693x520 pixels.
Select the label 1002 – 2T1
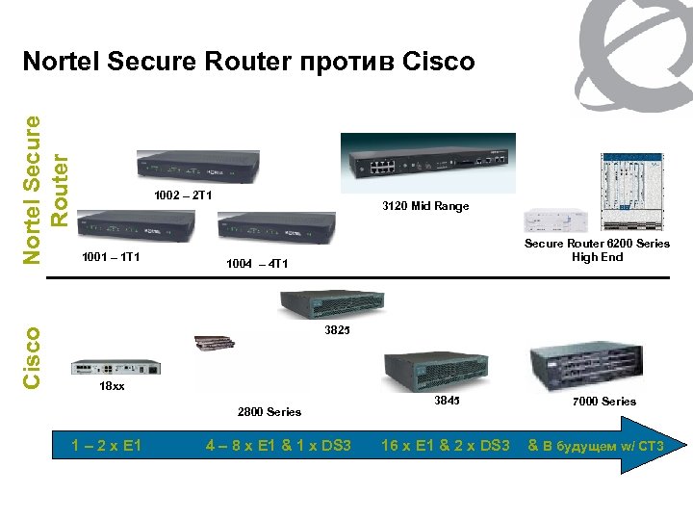(x=183, y=197)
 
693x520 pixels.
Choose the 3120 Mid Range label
(x=425, y=207)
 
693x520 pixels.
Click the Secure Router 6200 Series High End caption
(x=597, y=250)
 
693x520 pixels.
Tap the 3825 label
(x=337, y=330)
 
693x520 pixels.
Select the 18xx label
(x=113, y=386)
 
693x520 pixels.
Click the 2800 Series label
(x=269, y=412)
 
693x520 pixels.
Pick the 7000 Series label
(x=604, y=401)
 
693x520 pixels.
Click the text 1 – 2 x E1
(x=107, y=445)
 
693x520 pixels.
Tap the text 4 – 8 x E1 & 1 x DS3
(x=279, y=445)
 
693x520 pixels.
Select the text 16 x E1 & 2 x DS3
(x=445, y=445)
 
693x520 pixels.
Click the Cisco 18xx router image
(x=115, y=366)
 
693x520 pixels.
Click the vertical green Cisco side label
(x=31, y=358)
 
